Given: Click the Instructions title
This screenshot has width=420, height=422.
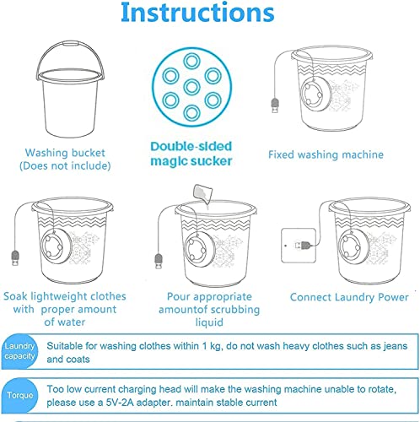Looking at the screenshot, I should click(197, 14).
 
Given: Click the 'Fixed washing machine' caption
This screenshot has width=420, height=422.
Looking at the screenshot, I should click(325, 154).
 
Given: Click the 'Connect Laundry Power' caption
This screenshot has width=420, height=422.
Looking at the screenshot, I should click(349, 297).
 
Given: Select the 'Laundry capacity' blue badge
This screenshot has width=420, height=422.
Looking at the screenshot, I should click(19, 352).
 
